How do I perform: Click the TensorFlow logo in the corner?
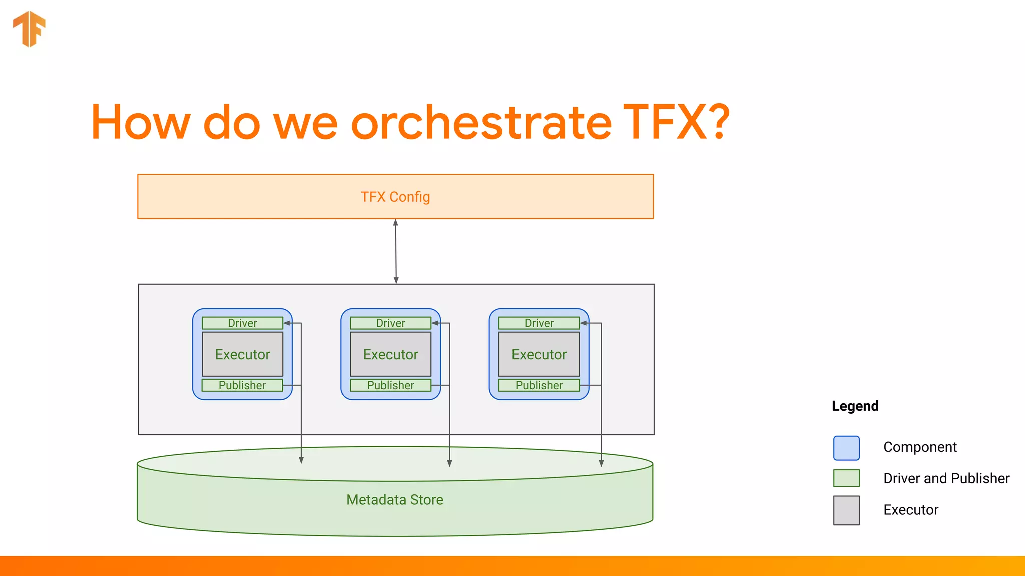(29, 29)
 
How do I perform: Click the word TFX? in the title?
(676, 122)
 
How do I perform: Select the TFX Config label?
(395, 197)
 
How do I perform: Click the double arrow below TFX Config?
(396, 251)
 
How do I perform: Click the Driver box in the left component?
(242, 323)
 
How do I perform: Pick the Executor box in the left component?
(242, 354)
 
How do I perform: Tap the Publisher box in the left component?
(242, 385)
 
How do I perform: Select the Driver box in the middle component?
(390, 323)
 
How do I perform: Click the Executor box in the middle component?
(390, 354)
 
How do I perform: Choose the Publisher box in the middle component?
(390, 385)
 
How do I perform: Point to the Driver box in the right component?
(539, 323)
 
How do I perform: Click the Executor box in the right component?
(539, 354)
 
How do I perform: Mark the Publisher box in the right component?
(539, 385)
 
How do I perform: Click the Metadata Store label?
(395, 500)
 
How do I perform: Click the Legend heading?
(855, 406)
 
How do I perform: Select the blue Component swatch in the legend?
(846, 448)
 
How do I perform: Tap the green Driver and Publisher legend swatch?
(846, 478)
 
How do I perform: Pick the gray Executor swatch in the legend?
(846, 510)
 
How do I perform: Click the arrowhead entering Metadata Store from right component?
(601, 463)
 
